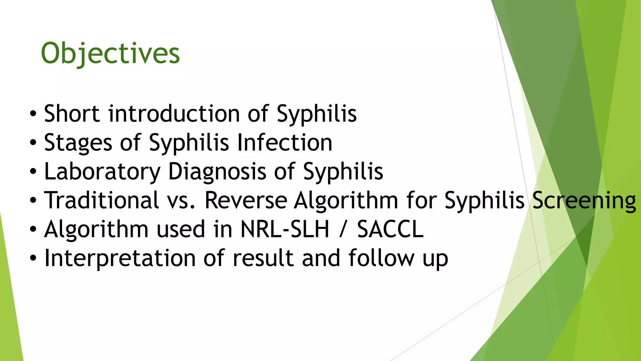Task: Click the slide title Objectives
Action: tap(110, 53)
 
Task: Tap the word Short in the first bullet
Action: tap(72, 113)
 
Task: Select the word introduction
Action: tap(174, 113)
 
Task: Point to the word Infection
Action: tap(285, 143)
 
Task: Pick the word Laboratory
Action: tap(102, 172)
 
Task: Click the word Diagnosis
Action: tap(217, 172)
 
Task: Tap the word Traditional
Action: tap(101, 200)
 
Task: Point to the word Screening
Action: tap(584, 201)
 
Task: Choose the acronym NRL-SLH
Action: tap(285, 229)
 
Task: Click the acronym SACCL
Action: tap(390, 229)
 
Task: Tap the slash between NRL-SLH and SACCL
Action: tap(343, 229)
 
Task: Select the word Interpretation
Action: tap(120, 258)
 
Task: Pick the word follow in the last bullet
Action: tap(381, 258)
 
